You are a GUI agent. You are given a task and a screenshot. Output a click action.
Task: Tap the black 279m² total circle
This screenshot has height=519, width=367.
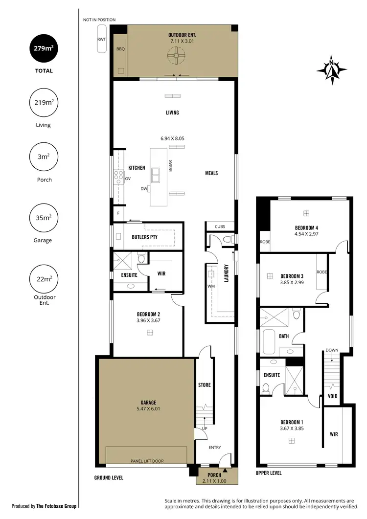click(x=42, y=48)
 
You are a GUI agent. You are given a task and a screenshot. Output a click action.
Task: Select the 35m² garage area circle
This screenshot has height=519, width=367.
click(x=42, y=218)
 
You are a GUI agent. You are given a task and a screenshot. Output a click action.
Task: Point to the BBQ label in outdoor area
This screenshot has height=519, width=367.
click(x=120, y=49)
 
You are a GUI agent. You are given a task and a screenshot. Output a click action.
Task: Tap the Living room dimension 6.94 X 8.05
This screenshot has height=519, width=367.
click(x=172, y=139)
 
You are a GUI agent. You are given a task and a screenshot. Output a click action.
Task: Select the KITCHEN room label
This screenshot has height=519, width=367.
click(x=137, y=168)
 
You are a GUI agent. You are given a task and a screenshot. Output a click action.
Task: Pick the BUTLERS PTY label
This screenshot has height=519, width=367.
click(x=144, y=237)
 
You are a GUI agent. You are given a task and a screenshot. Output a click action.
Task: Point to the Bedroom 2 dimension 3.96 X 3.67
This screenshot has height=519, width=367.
click(x=149, y=320)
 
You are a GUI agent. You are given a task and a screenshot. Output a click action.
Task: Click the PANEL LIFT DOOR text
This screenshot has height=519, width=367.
click(x=146, y=461)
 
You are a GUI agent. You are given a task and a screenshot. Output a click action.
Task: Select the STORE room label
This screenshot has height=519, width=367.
click(x=205, y=385)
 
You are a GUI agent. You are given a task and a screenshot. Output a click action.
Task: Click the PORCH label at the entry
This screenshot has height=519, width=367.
click(x=214, y=475)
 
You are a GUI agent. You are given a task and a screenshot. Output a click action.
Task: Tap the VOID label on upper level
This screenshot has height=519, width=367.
click(x=332, y=396)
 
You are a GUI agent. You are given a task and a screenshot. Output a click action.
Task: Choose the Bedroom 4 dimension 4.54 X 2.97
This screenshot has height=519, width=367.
click(x=306, y=234)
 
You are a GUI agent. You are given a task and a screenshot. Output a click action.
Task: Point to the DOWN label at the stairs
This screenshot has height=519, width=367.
click(x=331, y=350)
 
